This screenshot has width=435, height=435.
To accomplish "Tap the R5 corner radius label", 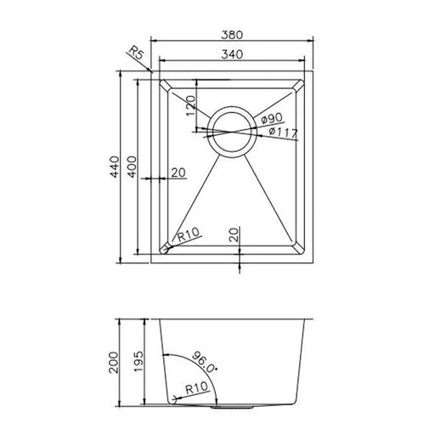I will click(x=135, y=56).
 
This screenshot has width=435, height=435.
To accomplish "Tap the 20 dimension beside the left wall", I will click(x=178, y=173).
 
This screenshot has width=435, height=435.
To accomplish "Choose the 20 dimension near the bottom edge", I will click(x=233, y=234).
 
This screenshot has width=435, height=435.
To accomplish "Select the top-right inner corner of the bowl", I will click(x=302, y=83).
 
